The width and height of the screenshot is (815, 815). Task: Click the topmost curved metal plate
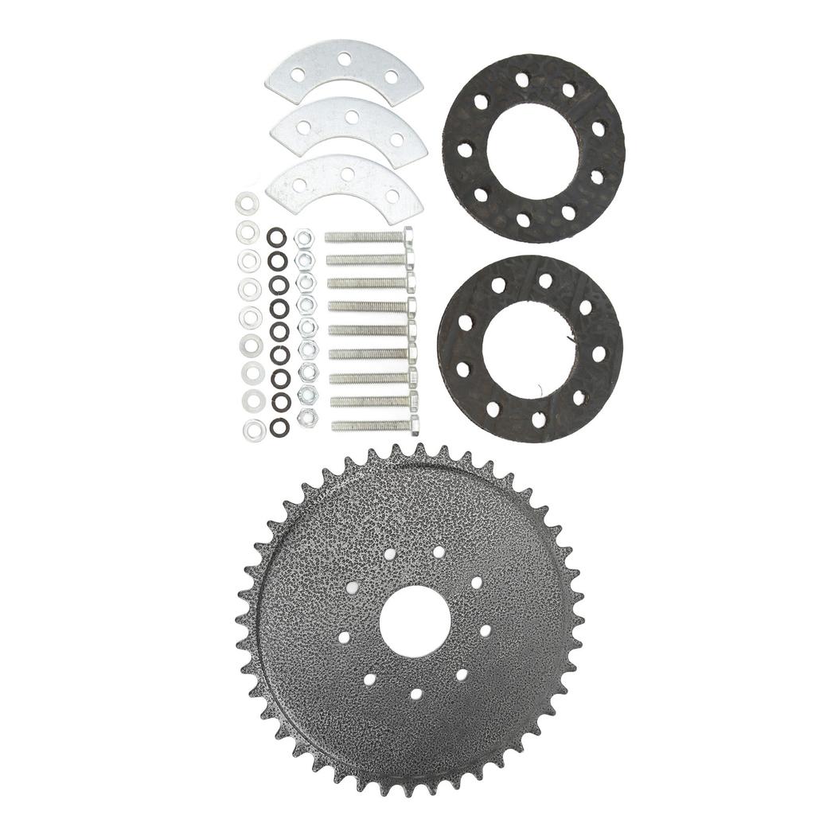click(344, 73)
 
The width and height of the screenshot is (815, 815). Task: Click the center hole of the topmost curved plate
click(345, 59)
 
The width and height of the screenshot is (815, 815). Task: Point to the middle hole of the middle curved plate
click(351, 117)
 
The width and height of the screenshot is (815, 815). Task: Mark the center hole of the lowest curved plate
click(347, 173)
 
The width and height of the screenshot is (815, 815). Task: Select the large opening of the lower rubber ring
click(528, 348)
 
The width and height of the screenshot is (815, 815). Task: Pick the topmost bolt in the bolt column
click(369, 236)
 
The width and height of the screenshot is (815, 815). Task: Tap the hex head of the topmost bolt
click(408, 236)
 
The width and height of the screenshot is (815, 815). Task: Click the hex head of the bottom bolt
click(415, 424)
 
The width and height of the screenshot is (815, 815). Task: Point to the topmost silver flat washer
click(247, 203)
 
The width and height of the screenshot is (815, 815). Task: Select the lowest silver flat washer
click(255, 431)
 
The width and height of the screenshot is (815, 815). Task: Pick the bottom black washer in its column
click(279, 427)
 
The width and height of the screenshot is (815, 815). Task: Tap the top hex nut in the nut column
click(302, 238)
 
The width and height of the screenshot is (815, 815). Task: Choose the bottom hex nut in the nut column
click(306, 416)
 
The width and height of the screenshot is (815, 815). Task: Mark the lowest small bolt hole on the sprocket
click(415, 693)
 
